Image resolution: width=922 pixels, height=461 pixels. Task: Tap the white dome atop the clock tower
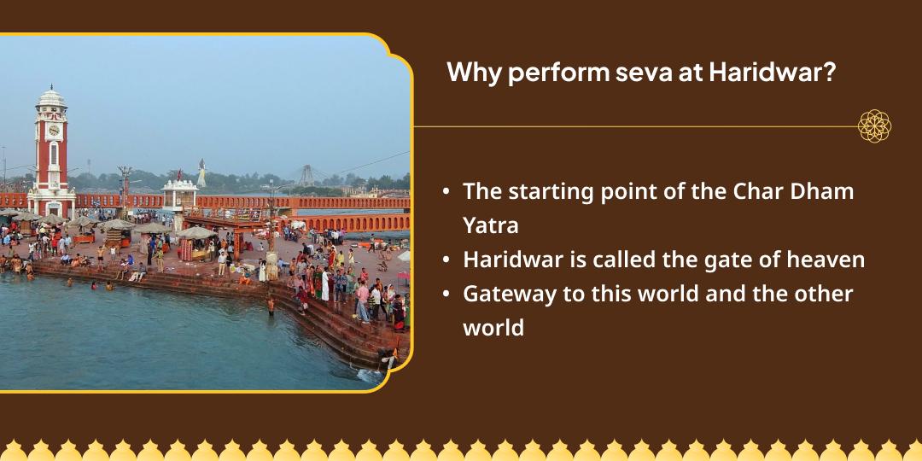(x=51, y=97)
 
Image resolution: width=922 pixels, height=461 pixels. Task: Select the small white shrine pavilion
(x=179, y=193)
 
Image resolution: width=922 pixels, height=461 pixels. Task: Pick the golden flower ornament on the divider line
(x=874, y=126)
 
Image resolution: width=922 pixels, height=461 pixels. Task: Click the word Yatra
(x=493, y=225)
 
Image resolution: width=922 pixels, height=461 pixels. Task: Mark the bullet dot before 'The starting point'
(x=446, y=192)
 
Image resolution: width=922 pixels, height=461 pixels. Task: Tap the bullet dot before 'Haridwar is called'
(x=446, y=260)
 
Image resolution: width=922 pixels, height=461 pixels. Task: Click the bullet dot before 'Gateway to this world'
(x=446, y=295)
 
